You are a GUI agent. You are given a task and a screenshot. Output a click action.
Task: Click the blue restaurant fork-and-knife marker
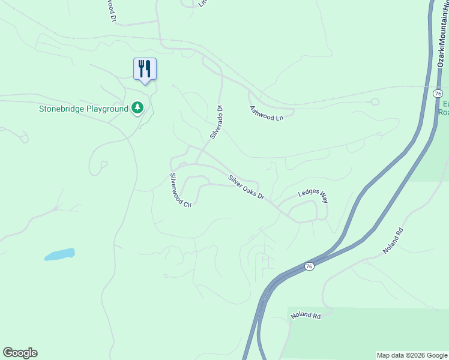click(144, 68)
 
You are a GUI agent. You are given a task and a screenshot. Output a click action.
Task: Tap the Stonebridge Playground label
click(83, 109)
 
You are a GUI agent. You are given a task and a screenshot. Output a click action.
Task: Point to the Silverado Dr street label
click(217, 122)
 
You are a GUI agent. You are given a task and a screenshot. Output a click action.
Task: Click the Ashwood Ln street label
click(266, 113)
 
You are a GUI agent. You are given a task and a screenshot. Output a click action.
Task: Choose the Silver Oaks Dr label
click(246, 188)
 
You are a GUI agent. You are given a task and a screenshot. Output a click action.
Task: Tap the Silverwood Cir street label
click(180, 190)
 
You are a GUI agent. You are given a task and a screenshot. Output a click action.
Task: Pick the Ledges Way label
click(313, 196)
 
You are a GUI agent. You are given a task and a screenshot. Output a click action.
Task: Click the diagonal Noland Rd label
click(393, 241)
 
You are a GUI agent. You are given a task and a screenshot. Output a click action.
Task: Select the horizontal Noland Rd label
click(306, 316)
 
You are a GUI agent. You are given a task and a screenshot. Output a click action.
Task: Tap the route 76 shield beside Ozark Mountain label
click(438, 94)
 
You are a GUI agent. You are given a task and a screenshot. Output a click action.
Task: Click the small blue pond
click(59, 254)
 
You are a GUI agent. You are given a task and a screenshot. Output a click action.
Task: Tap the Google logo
click(20, 353)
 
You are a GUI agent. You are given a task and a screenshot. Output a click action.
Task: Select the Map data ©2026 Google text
click(412, 355)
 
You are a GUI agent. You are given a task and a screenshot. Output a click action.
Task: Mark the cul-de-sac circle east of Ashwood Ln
click(375, 101)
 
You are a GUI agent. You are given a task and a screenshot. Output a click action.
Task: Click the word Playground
click(107, 109)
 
